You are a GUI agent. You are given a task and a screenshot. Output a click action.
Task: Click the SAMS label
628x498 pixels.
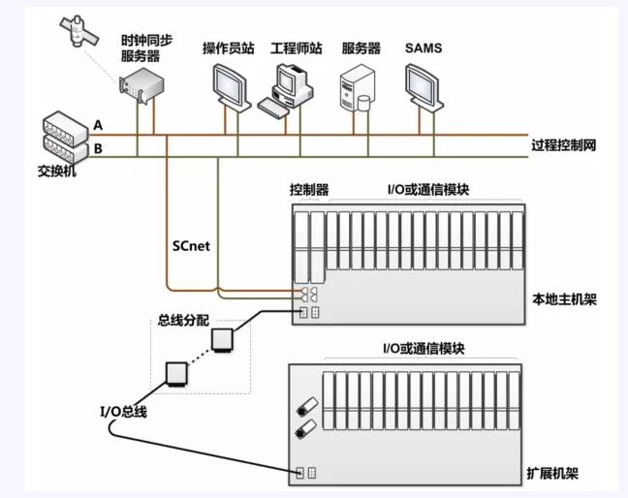(x=423, y=47)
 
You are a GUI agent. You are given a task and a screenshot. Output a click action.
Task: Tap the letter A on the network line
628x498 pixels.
(x=98, y=125)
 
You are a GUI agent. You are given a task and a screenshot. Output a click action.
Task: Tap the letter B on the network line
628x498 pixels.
(x=98, y=148)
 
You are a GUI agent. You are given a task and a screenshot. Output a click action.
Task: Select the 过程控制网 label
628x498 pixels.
(x=563, y=145)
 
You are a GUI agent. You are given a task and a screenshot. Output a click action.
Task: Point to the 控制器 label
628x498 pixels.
(x=309, y=189)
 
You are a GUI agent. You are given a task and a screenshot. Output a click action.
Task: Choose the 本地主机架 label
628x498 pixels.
(x=565, y=299)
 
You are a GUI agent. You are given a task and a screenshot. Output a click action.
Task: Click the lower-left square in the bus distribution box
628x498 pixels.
(x=176, y=374)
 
